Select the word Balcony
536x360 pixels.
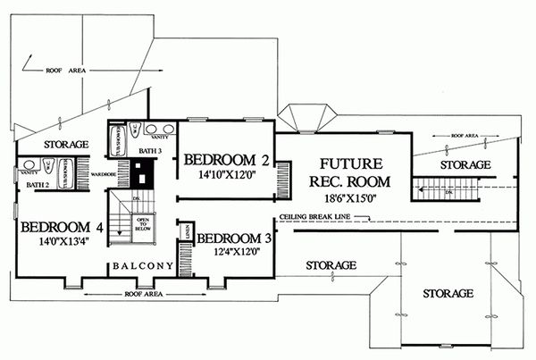[142, 265]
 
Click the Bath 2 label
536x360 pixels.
[35, 185]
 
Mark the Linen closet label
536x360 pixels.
[184, 231]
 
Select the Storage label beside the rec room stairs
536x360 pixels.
[465, 165]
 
